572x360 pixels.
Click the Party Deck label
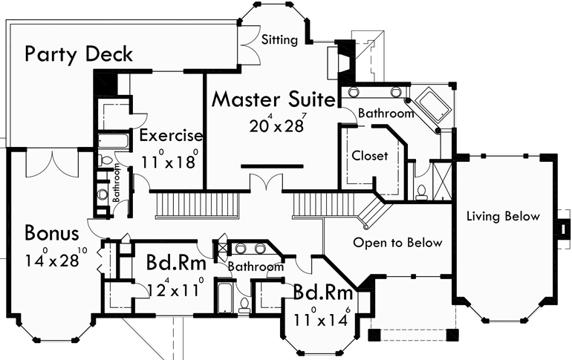tap(79, 54)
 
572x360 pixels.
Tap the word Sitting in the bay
tap(279, 39)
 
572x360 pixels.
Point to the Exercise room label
tap(171, 136)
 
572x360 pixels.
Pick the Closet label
tap(369, 156)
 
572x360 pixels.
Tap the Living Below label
tap(503, 216)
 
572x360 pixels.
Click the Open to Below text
tap(397, 243)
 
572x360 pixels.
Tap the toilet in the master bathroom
tap(421, 192)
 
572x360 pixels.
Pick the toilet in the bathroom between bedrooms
tap(244, 304)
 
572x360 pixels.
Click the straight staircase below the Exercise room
tap(197, 203)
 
